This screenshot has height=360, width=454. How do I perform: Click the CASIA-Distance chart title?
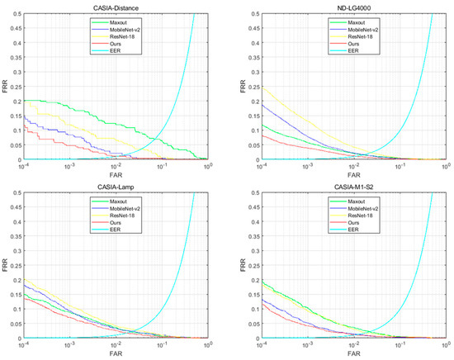click(x=113, y=6)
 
